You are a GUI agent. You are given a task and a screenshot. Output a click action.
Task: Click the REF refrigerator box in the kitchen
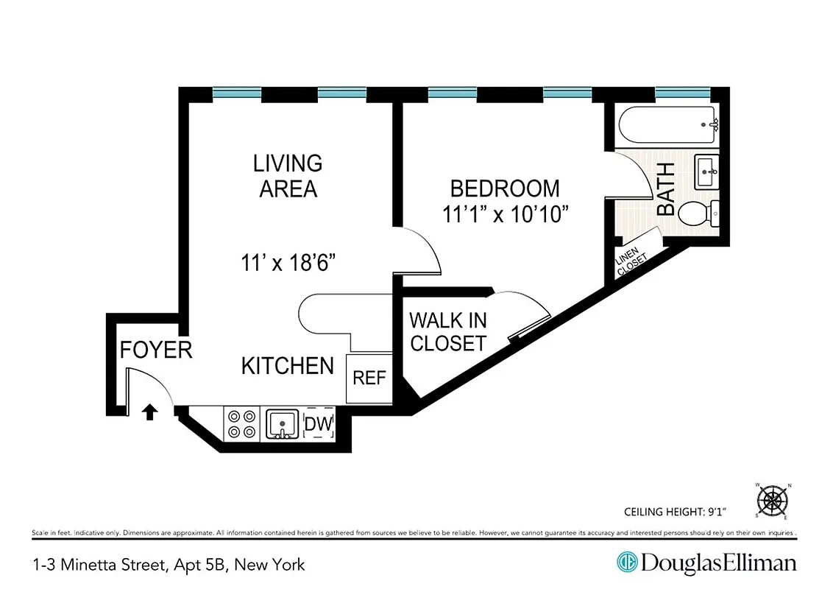[x=369, y=378]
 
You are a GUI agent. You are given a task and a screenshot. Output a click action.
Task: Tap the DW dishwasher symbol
[x=319, y=423]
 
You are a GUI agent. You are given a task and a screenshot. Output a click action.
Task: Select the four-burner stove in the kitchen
[x=241, y=423]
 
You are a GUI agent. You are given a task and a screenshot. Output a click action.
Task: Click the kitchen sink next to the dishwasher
[x=281, y=423]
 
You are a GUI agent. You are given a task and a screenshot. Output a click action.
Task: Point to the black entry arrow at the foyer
[x=149, y=412]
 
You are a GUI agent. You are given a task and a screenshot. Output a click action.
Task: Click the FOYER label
[x=156, y=350]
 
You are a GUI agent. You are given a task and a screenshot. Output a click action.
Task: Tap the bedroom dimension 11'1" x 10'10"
[x=506, y=215]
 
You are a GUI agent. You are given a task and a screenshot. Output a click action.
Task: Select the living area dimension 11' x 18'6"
[x=288, y=262]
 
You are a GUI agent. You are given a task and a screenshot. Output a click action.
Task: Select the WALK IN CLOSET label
[x=447, y=331]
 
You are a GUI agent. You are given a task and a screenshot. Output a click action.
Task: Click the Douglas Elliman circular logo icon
[x=626, y=563]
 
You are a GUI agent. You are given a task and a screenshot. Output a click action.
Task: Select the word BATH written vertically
[x=666, y=189]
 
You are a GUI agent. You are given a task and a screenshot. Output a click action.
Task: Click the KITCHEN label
[x=287, y=365]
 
